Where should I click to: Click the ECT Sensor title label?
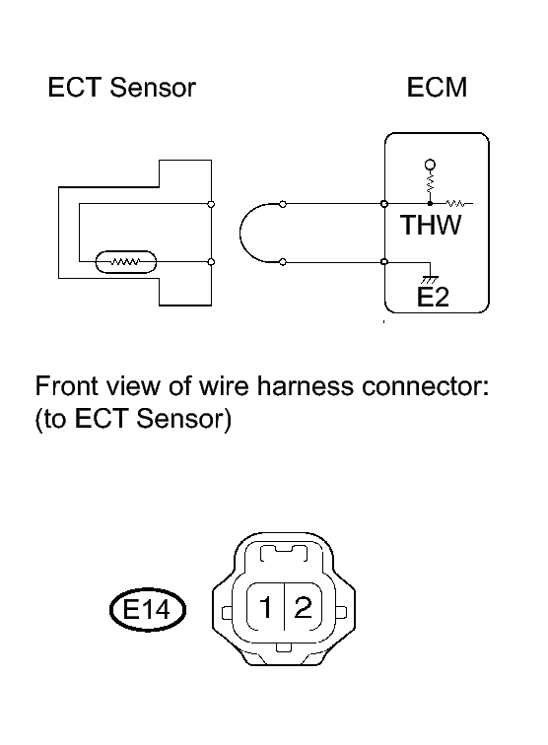click(121, 88)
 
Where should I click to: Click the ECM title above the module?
click(437, 88)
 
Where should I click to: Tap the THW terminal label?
click(431, 225)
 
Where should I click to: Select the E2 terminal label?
click(433, 298)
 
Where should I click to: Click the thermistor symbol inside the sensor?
click(126, 262)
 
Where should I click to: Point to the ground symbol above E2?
click(430, 280)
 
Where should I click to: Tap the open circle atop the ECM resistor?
click(430, 165)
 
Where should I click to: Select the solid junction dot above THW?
click(430, 203)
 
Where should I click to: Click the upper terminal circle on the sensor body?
click(212, 204)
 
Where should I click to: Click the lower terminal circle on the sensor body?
click(212, 262)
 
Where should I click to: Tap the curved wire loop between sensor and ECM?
click(240, 233)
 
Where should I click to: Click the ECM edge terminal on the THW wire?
click(384, 204)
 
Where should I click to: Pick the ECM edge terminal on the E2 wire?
click(384, 262)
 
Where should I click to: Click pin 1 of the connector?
click(265, 607)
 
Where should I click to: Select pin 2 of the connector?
click(304, 607)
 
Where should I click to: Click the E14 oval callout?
click(147, 610)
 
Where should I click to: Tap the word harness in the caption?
click(306, 386)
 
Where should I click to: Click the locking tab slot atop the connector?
click(284, 554)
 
